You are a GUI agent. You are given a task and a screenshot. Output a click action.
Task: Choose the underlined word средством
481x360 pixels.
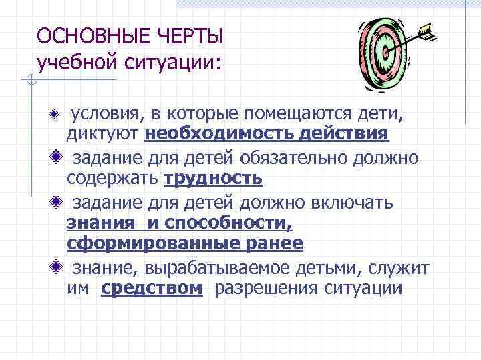pos(152,289)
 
